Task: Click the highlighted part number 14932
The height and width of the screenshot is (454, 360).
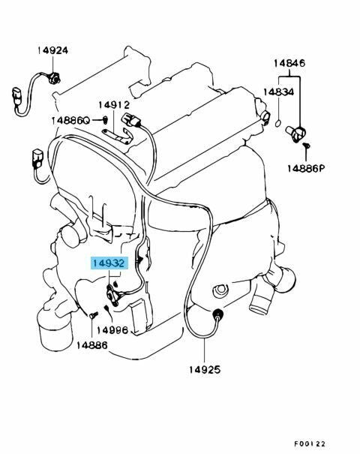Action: tap(109, 263)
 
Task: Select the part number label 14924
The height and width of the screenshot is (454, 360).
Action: tap(52, 50)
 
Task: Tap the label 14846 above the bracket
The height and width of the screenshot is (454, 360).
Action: tap(289, 63)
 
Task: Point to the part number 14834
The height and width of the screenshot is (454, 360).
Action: tap(278, 92)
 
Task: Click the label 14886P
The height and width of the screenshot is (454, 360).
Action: tap(306, 168)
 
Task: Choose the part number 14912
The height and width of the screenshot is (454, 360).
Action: tap(114, 104)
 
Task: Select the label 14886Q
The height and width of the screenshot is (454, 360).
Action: tap(71, 121)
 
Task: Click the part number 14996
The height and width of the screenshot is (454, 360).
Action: tap(112, 330)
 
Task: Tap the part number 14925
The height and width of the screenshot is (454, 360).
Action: tap(205, 369)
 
